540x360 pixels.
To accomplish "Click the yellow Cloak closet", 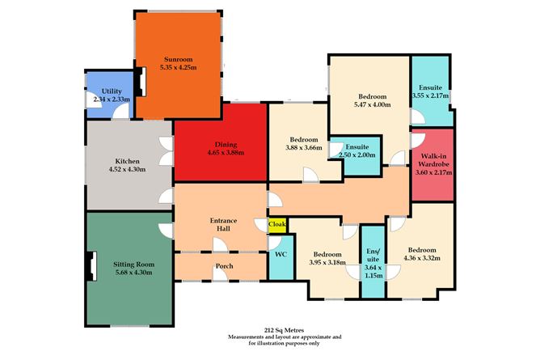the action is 277,225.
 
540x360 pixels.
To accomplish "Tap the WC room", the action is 281,257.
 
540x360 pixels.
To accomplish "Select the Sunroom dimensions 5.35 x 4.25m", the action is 179,67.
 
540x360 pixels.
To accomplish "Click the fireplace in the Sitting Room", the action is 91,266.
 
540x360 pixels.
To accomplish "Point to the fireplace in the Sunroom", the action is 141,81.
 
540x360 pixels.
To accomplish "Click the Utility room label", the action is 112,91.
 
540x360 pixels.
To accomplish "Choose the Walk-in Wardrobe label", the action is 433,160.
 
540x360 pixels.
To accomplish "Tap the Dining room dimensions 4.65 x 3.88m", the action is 226,153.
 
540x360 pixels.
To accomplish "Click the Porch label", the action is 225,266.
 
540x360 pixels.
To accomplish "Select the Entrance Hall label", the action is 223,224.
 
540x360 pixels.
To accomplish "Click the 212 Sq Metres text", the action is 284,330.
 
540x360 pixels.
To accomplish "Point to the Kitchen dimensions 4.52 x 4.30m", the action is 127,169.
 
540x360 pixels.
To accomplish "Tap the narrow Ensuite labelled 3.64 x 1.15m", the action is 373,262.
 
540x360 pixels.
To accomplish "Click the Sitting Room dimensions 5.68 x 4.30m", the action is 133,273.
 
